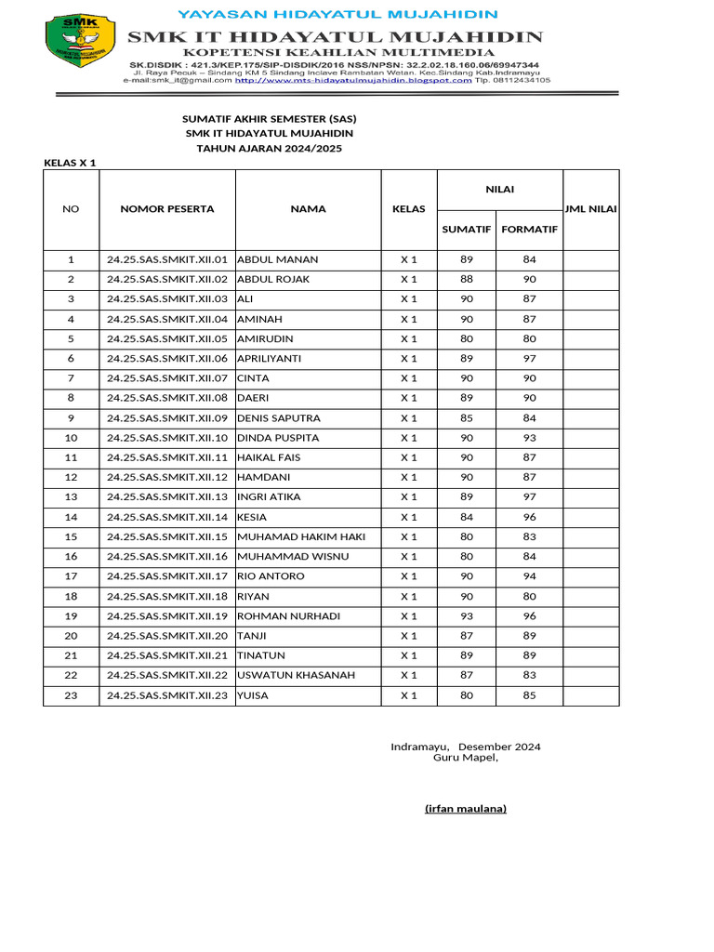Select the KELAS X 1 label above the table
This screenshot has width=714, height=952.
[71, 163]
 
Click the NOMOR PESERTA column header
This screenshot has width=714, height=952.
[167, 209]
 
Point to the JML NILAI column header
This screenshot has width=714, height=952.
[590, 209]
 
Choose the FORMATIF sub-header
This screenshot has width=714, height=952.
[529, 229]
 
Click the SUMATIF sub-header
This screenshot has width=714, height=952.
[467, 229]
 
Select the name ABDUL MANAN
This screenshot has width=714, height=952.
[278, 259]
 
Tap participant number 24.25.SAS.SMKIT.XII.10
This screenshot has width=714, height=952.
[167, 438]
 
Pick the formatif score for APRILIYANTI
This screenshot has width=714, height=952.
[529, 359]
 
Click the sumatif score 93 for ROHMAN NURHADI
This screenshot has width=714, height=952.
[467, 616]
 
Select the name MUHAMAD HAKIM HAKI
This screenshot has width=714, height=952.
[301, 536]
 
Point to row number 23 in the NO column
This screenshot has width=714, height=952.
[71, 695]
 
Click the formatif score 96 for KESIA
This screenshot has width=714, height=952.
[529, 517]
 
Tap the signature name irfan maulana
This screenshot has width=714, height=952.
[466, 809]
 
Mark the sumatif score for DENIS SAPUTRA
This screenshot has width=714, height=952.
[467, 418]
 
